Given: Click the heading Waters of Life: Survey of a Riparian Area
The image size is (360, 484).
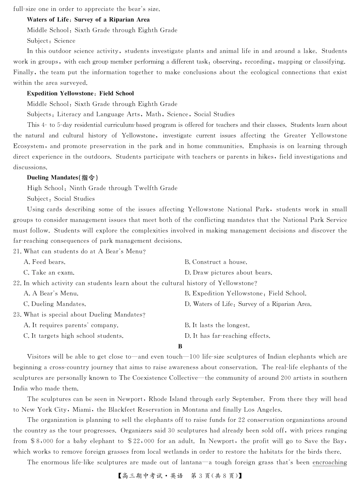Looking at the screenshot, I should pyautogui.click(x=88, y=20).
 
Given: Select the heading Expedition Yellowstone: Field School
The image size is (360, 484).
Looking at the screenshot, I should pyautogui.click(x=80, y=94).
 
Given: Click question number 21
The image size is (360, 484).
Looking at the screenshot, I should pyautogui.click(x=17, y=251).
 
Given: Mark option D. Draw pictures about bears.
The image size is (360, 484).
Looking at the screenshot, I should pyautogui.click(x=228, y=273).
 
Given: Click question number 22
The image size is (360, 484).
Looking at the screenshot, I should pyautogui.click(x=17, y=283).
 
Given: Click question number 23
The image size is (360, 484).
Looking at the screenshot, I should pyautogui.click(x=17, y=315).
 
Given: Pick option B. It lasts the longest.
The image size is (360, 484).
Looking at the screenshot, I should pyautogui.click(x=217, y=325).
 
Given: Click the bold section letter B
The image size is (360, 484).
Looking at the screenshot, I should pyautogui.click(x=180, y=346).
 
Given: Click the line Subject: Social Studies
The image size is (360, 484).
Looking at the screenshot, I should pyautogui.click(x=61, y=199).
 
